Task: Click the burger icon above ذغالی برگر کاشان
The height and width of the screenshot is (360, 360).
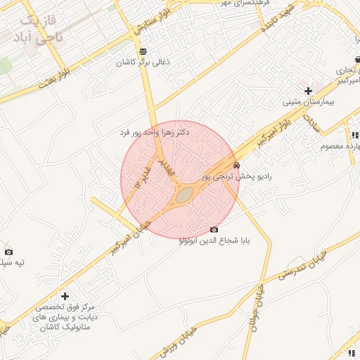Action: point(143,51)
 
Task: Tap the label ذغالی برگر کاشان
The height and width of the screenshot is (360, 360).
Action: point(143,63)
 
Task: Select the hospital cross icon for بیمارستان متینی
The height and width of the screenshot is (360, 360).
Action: point(308,91)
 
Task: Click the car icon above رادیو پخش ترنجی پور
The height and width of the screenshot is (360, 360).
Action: point(236,165)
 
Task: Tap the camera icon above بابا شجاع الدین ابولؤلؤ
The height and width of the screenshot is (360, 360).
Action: point(214,229)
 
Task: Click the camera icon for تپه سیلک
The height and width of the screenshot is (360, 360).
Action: point(8,251)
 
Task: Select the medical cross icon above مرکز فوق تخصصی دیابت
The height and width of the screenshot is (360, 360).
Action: point(65,296)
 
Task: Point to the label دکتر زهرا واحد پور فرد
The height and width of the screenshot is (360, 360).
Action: point(154,132)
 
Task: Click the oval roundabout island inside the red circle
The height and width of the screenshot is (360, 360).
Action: point(184,195)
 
